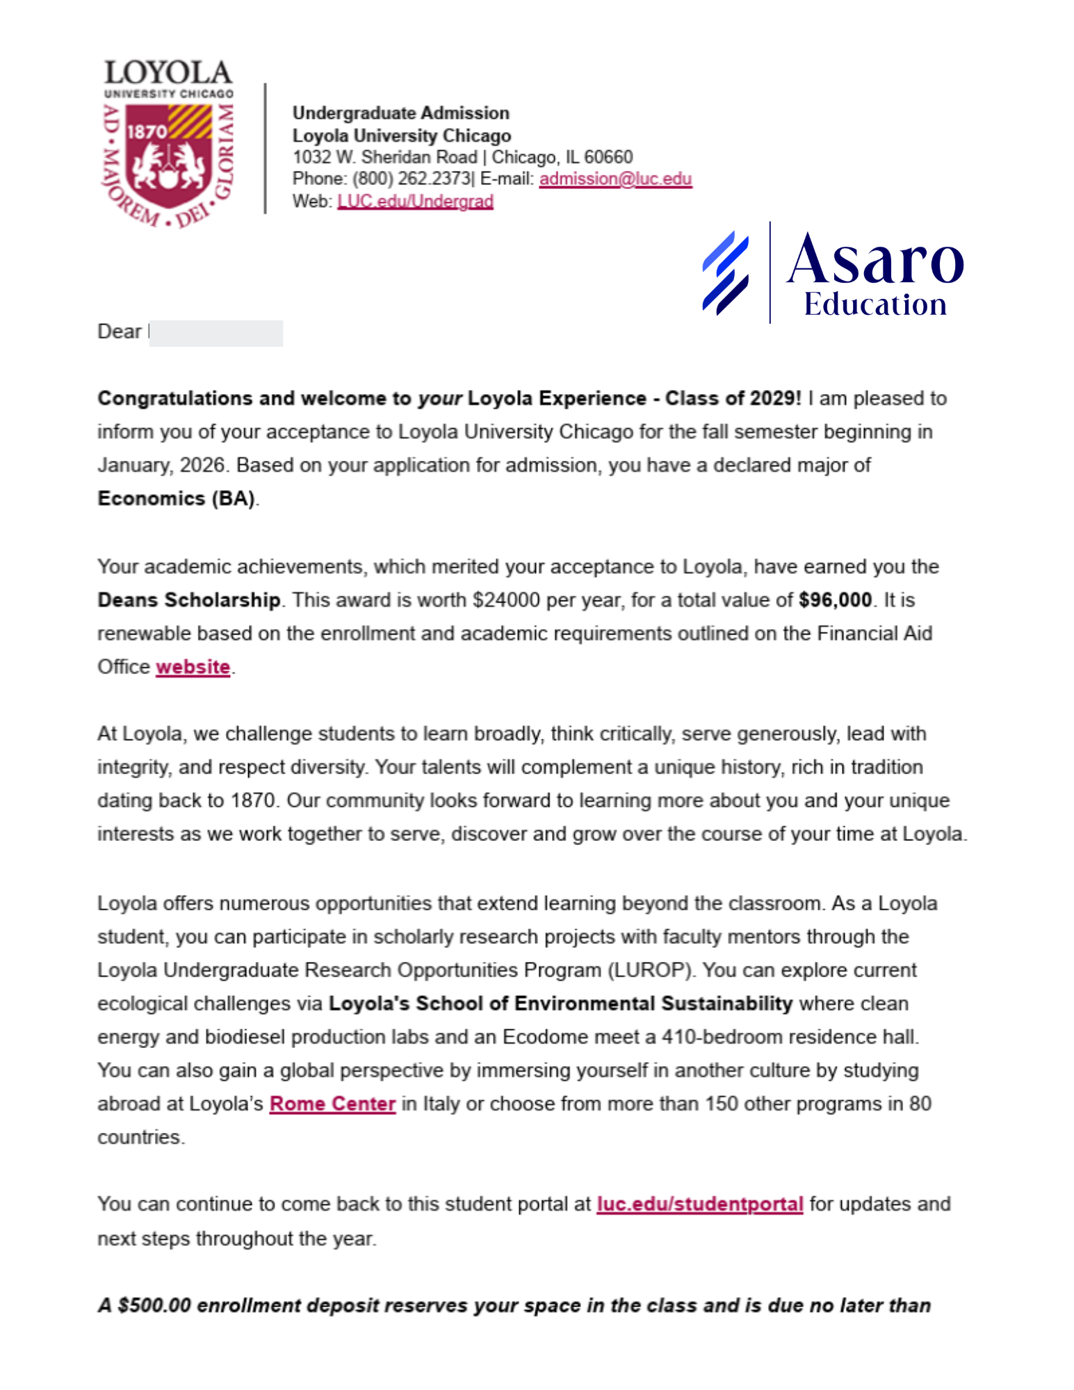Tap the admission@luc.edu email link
615,179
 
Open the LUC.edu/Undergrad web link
415,202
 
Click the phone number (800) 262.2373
412,179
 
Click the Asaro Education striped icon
725,272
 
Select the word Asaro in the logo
874,259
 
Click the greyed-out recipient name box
215,333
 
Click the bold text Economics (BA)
177,499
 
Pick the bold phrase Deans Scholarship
189,600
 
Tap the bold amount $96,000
835,600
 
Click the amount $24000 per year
505,600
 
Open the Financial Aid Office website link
193,667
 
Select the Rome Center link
332,1104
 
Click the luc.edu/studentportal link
699,1204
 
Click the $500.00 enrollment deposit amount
154,1306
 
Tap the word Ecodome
542,1037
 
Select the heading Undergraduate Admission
400,113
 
